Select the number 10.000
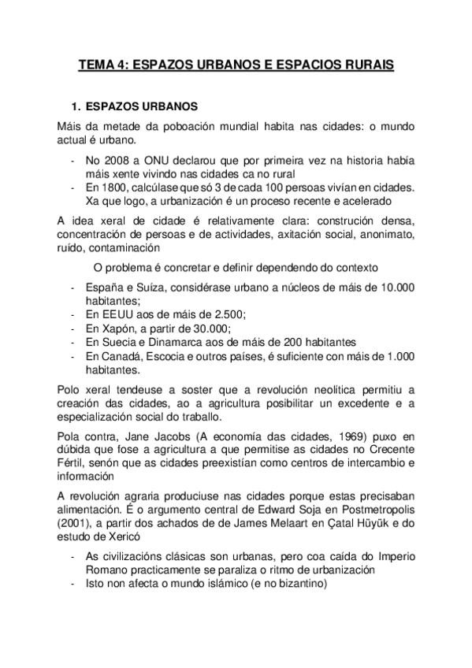click(x=398, y=288)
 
